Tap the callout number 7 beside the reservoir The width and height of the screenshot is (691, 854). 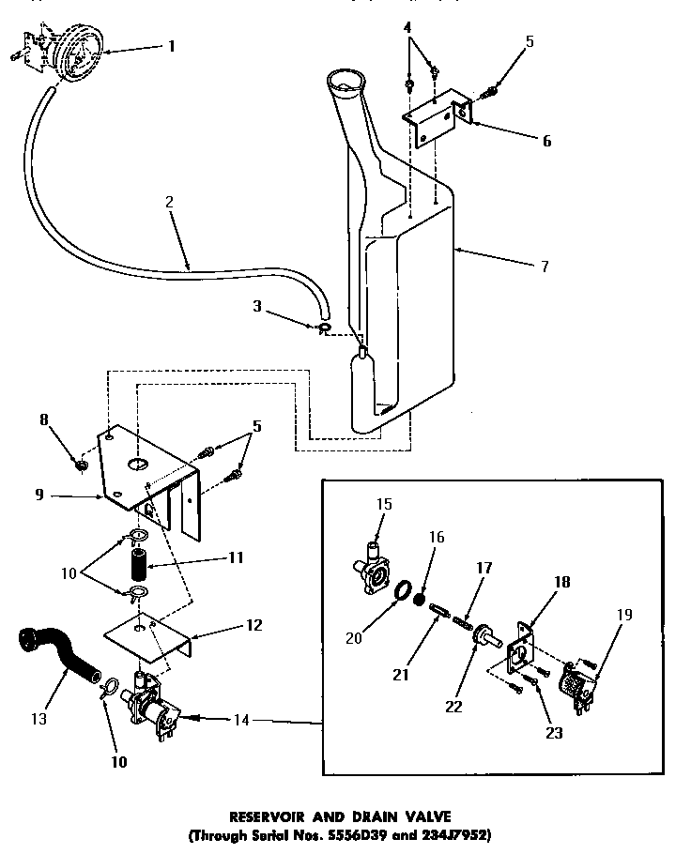pyautogui.click(x=544, y=267)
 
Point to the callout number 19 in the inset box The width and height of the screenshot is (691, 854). pyautogui.click(x=625, y=615)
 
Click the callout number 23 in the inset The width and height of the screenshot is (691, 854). pyautogui.click(x=554, y=732)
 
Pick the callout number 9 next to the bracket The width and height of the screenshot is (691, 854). pyautogui.click(x=39, y=494)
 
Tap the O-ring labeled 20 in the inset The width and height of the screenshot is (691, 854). pyautogui.click(x=403, y=594)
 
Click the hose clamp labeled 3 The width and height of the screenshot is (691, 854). pyautogui.click(x=322, y=328)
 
